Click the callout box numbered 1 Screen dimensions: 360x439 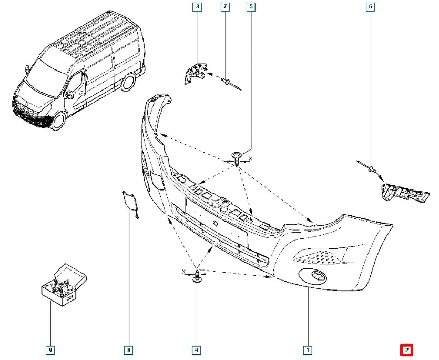[x=308, y=349]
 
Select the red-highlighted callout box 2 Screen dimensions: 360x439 [x=407, y=349]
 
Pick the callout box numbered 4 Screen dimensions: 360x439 [x=197, y=349]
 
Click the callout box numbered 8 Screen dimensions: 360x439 [x=128, y=349]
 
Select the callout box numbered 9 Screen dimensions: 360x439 [x=50, y=349]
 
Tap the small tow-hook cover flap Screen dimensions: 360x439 [x=129, y=203]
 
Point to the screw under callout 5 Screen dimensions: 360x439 [x=237, y=157]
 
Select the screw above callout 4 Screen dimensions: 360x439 [x=197, y=277]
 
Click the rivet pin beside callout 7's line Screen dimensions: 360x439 [x=230, y=82]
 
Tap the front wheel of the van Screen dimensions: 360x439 [x=57, y=121]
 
